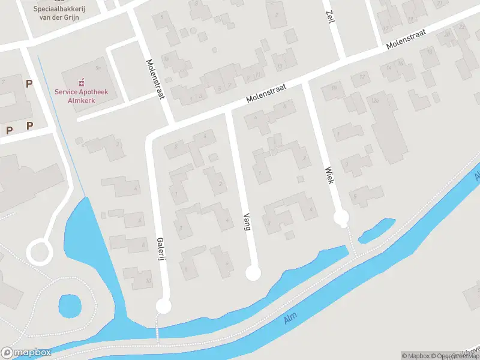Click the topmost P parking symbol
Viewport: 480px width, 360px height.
(x=29, y=84)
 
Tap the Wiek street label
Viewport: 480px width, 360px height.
(x=328, y=175)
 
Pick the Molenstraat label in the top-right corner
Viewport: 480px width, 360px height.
(x=406, y=38)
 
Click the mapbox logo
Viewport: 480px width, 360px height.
(x=25, y=353)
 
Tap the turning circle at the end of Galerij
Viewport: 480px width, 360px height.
(x=163, y=307)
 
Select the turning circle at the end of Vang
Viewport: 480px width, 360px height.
(x=254, y=274)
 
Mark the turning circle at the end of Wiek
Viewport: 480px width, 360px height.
(x=341, y=217)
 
